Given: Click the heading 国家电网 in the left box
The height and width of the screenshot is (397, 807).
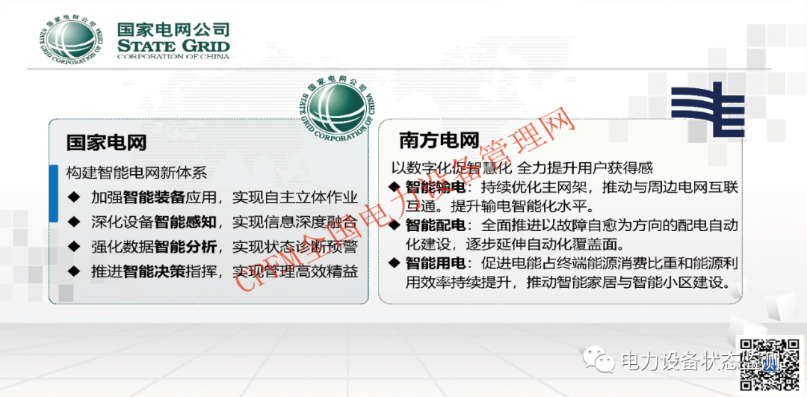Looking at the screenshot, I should tap(106, 142).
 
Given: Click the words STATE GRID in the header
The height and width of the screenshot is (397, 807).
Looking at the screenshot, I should tap(173, 46).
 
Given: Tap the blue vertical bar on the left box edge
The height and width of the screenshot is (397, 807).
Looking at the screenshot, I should tap(53, 194).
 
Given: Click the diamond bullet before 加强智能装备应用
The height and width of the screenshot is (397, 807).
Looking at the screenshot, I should tap(72, 197).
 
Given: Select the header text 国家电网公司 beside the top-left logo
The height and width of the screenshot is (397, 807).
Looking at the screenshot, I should tap(173, 30).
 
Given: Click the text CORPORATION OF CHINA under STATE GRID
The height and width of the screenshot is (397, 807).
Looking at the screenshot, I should tap(173, 58).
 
